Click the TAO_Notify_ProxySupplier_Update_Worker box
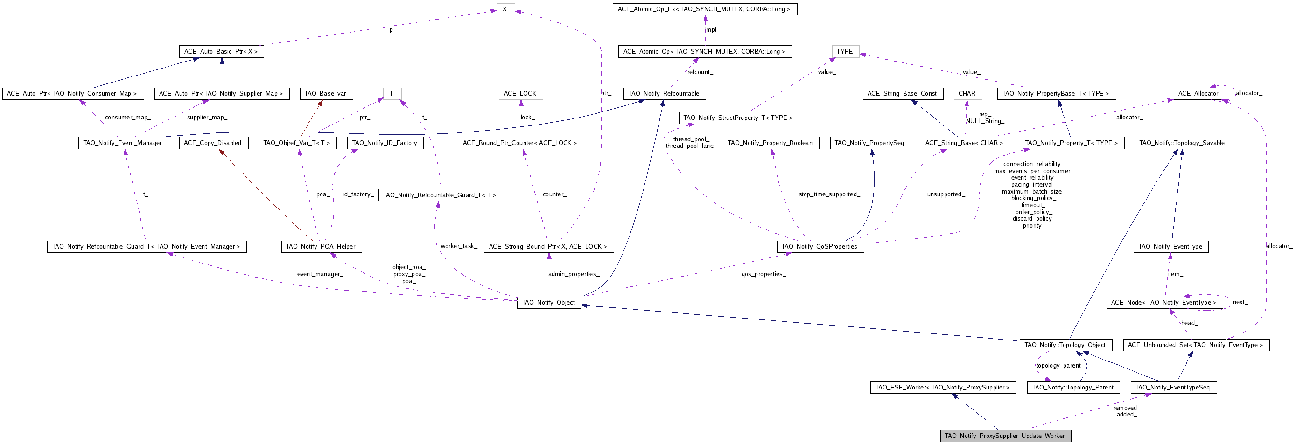[1005, 436]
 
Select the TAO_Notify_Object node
[548, 302]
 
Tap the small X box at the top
[504, 9]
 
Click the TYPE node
[845, 51]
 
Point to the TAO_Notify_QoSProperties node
[819, 246]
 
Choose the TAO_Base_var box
[325, 94]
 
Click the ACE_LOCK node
[520, 94]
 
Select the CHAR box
[967, 94]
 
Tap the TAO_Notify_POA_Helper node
[321, 246]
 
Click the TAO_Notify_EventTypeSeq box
[1173, 387]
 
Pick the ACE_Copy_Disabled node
[213, 143]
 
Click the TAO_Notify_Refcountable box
[664, 94]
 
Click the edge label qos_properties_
[763, 274]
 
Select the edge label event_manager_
[320, 274]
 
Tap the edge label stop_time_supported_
[829, 194]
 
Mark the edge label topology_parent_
[1060, 366]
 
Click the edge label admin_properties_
[574, 274]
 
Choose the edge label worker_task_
[459, 246]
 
